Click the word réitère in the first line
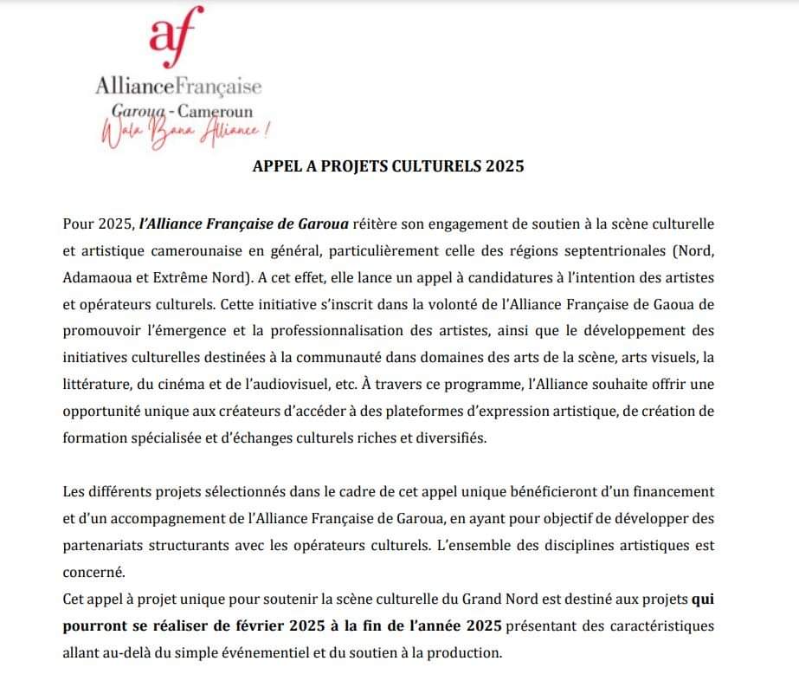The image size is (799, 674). click(x=380, y=224)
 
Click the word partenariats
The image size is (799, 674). click(x=111, y=546)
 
